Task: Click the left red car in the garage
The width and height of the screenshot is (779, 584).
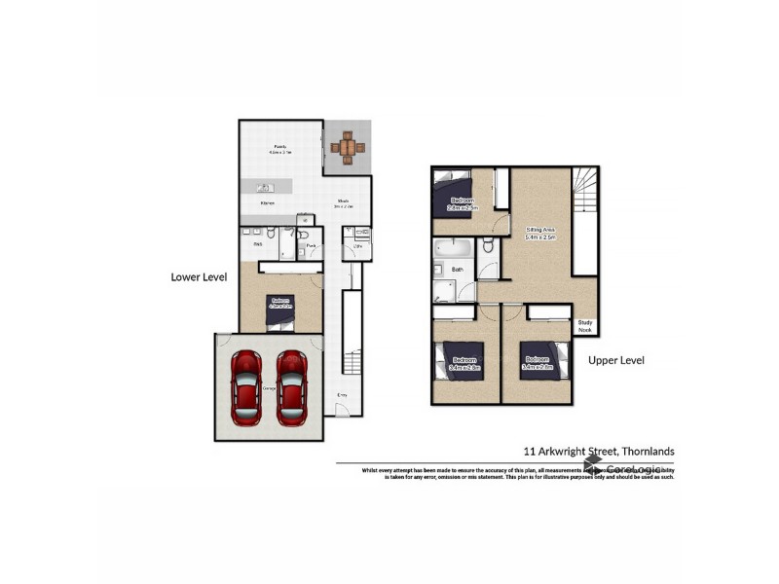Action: tap(247, 385)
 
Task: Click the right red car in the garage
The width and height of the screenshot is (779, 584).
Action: tap(292, 385)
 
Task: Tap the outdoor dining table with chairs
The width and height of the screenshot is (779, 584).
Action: tap(348, 147)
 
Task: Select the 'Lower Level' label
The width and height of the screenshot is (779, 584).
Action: tap(199, 276)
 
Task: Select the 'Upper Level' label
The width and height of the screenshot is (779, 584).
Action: tap(616, 360)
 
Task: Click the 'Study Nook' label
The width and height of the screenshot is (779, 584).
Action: tap(585, 328)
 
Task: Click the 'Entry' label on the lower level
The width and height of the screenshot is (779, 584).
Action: tap(342, 394)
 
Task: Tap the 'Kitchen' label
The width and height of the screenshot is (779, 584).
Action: tap(268, 203)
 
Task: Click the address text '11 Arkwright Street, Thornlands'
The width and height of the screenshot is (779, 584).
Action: tap(599, 452)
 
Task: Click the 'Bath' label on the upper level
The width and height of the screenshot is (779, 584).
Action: tap(457, 270)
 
